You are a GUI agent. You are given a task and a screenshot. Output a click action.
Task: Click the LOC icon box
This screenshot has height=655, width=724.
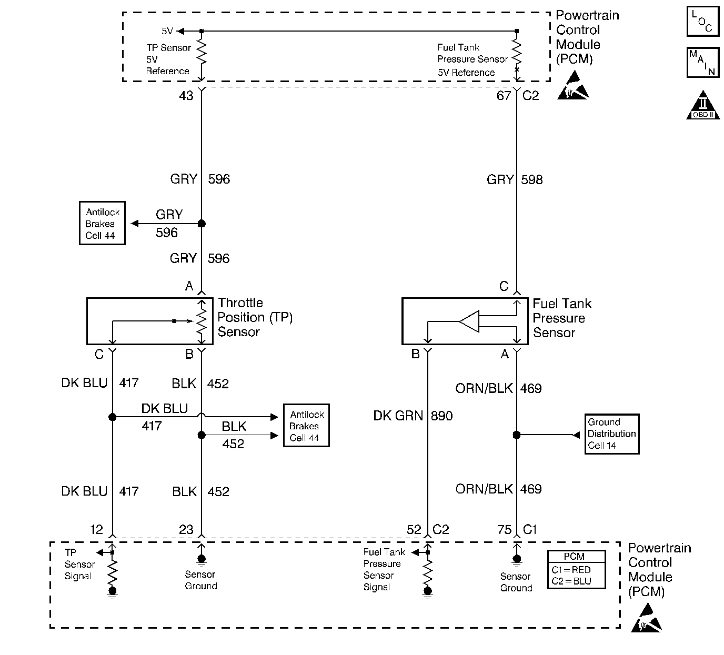click(702, 21)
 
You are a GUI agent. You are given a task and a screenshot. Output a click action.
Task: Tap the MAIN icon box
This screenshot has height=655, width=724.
click(702, 62)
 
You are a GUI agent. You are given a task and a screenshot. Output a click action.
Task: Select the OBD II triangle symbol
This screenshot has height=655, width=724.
click(703, 106)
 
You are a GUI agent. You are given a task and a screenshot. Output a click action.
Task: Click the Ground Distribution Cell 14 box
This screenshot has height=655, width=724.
click(612, 434)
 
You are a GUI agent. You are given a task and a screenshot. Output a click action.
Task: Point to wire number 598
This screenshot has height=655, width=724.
click(531, 180)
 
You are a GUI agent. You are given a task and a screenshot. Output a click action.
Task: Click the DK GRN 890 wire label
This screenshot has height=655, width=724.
click(413, 416)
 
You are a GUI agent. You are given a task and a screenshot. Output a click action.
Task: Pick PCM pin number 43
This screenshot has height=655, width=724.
click(186, 96)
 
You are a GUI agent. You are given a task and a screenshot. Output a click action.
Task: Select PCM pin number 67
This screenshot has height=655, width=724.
click(504, 96)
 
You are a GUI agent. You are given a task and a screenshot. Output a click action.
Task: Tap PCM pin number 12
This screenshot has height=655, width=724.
click(96, 529)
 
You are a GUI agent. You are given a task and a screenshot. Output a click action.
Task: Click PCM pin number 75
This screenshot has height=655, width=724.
click(504, 530)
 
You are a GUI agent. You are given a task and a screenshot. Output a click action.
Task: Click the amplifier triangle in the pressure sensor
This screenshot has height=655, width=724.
click(470, 321)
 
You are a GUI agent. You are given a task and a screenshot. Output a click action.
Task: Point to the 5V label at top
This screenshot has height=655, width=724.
click(167, 32)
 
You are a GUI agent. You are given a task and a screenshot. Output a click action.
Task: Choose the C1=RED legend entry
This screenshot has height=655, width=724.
click(576, 570)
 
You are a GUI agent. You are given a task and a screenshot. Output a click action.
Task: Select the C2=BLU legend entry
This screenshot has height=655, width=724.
click(576, 581)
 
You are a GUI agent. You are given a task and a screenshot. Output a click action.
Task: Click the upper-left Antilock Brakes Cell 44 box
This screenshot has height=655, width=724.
click(103, 224)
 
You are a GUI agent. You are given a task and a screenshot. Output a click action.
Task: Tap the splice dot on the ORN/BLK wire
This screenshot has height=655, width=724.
click(517, 435)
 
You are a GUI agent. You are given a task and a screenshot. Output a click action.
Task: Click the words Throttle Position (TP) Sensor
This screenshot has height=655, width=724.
click(255, 317)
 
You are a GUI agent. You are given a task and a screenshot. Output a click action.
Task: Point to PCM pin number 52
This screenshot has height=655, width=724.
click(414, 530)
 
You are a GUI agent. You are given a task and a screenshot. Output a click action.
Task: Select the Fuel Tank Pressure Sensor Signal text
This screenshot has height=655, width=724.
click(384, 569)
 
